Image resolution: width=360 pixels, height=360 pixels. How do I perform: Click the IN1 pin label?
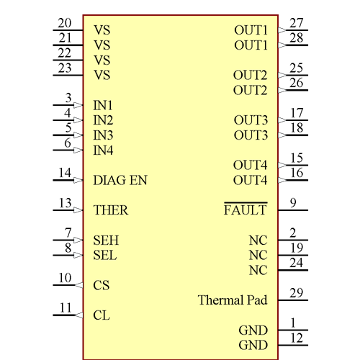click(x=104, y=105)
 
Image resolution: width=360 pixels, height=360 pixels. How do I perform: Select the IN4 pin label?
click(x=104, y=150)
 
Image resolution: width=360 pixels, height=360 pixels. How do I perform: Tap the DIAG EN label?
click(x=120, y=181)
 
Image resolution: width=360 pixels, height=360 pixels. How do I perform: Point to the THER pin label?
click(x=111, y=211)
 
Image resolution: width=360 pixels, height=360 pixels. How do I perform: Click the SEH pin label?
click(x=105, y=240)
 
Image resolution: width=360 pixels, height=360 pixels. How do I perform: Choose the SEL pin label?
click(x=105, y=256)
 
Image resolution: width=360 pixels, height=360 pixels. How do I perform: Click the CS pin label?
click(x=101, y=286)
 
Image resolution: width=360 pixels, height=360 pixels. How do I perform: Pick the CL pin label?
click(x=101, y=315)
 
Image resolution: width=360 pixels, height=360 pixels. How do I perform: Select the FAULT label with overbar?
click(x=246, y=211)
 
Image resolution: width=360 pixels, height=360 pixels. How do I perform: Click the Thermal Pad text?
click(x=233, y=300)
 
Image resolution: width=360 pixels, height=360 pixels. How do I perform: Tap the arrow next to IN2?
click(x=78, y=120)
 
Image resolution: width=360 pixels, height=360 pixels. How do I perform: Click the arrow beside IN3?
click(x=78, y=135)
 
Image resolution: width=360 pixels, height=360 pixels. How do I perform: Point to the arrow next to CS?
click(x=78, y=286)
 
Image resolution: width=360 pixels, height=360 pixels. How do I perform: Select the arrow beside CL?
click(x=78, y=315)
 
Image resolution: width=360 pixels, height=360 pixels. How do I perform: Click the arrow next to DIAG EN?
click(x=78, y=181)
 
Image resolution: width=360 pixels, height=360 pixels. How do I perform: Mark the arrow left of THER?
click(x=78, y=211)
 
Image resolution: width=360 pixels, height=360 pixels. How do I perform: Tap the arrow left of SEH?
click(x=78, y=240)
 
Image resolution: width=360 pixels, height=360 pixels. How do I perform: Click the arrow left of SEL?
click(x=78, y=256)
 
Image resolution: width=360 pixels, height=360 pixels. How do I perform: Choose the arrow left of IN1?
click(x=78, y=105)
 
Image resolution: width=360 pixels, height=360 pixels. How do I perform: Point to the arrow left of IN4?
click(x=78, y=150)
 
